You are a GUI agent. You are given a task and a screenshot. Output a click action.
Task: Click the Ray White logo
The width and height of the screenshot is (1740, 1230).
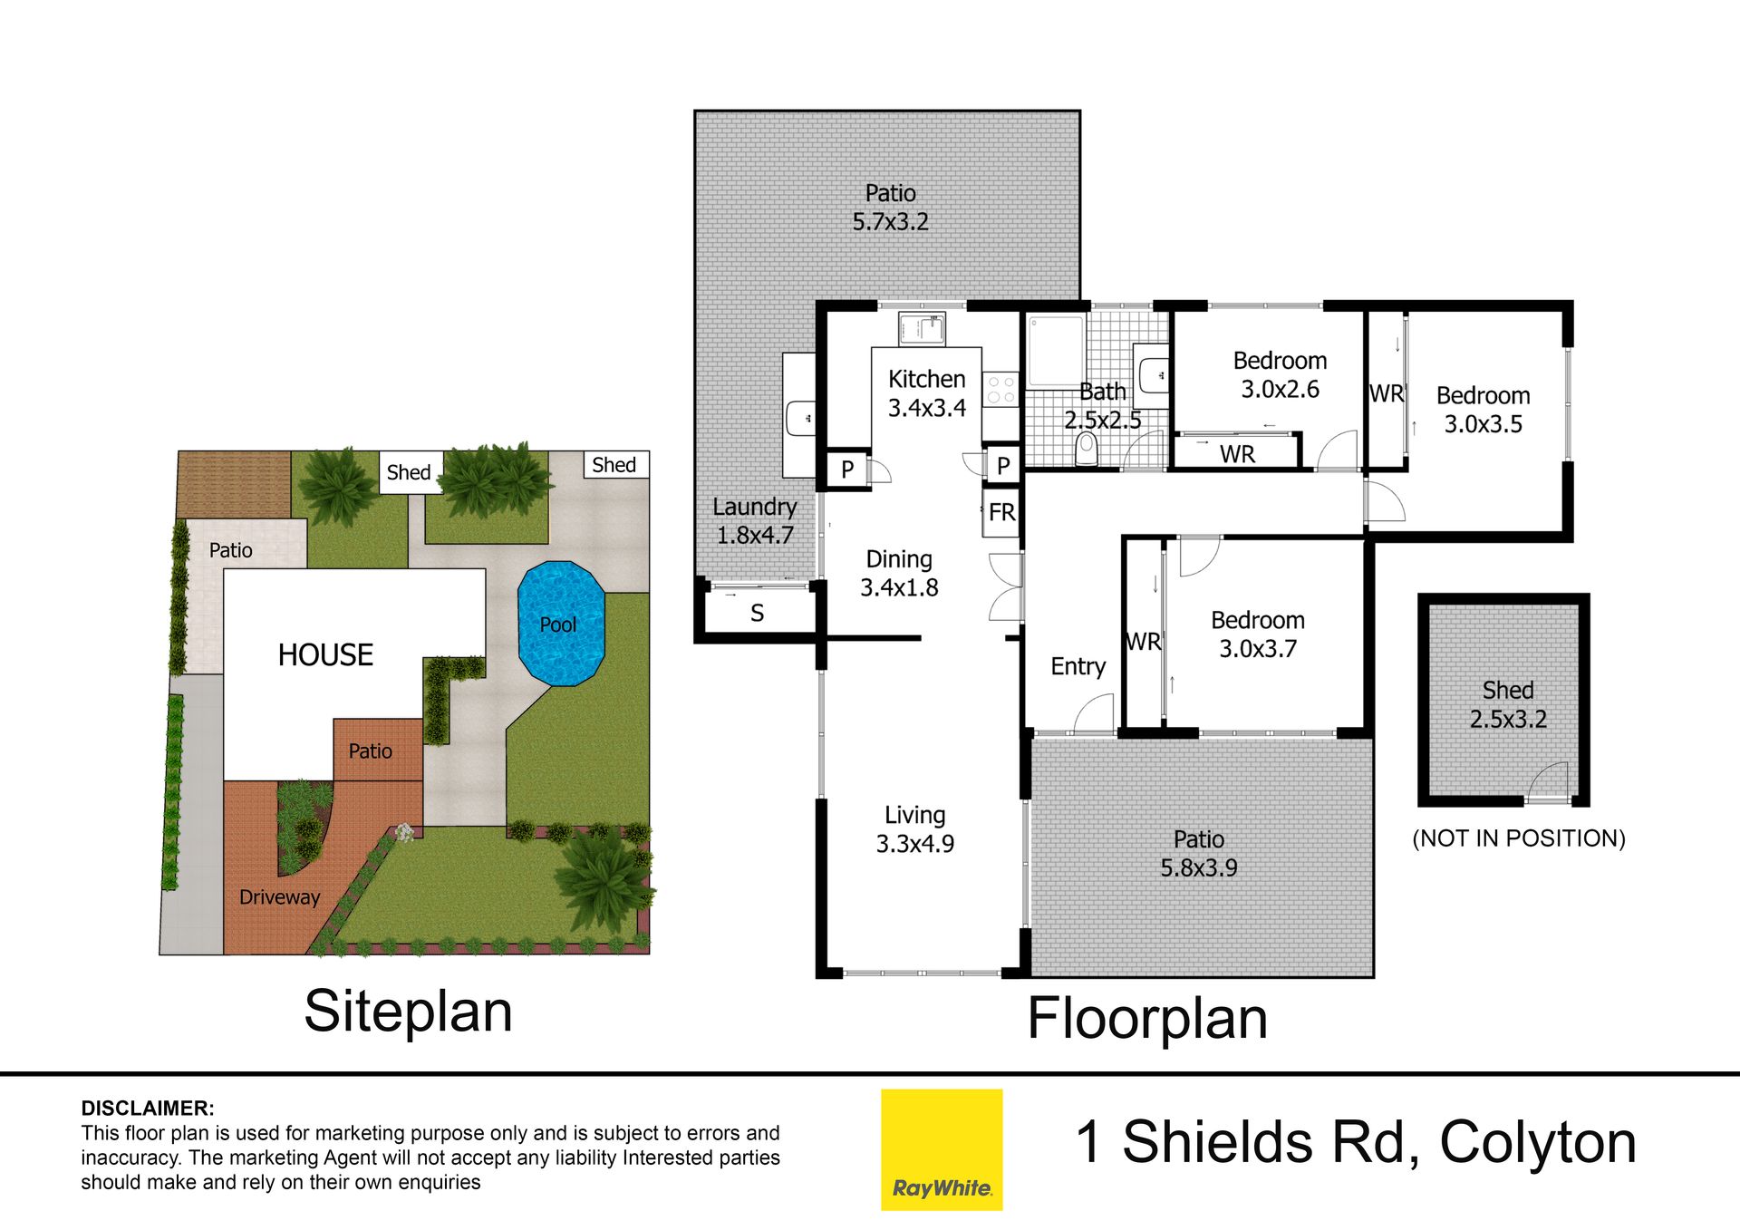coord(942,1149)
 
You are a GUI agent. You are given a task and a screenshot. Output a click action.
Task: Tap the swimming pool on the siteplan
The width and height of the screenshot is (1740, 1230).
coord(561,624)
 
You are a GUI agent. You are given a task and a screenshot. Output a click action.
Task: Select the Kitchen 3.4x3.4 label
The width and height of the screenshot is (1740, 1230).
coord(926,393)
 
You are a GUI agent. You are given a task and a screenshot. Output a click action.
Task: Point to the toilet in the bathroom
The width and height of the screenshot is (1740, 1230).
coord(1087,449)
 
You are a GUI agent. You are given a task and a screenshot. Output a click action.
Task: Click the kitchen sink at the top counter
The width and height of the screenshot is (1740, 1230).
coord(922,328)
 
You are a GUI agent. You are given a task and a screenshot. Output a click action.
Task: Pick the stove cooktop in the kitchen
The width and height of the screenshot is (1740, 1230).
coord(1000,390)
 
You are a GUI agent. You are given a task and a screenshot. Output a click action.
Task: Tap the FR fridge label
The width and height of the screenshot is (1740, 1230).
coord(1001,513)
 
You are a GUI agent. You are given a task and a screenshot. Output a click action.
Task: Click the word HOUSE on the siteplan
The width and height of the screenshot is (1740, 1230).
coord(325,654)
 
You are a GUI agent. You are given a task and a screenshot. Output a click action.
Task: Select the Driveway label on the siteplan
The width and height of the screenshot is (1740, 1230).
coord(279,897)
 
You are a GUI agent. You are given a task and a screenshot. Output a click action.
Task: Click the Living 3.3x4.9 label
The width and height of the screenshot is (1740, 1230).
coord(914,829)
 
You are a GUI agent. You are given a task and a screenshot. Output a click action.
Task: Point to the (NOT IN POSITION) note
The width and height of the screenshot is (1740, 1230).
coord(1519,838)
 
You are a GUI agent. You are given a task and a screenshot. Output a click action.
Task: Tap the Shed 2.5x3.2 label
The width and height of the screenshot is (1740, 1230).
coord(1508,704)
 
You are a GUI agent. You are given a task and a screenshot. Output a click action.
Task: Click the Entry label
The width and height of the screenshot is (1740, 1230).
coord(1078,667)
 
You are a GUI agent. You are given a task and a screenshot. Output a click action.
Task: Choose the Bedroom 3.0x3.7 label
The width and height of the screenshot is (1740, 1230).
coord(1258,634)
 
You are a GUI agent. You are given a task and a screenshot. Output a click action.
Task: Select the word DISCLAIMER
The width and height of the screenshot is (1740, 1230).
coord(148,1108)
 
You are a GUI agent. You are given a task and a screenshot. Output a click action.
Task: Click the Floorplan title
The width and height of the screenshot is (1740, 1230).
coord(1147,1019)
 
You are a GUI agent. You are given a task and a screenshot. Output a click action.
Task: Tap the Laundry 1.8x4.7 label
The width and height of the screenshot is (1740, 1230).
coord(755,521)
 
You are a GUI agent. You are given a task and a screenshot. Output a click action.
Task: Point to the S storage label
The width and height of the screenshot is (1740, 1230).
coord(758,614)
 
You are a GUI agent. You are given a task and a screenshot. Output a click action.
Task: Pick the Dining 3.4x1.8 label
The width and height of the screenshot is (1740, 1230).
coord(899,573)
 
